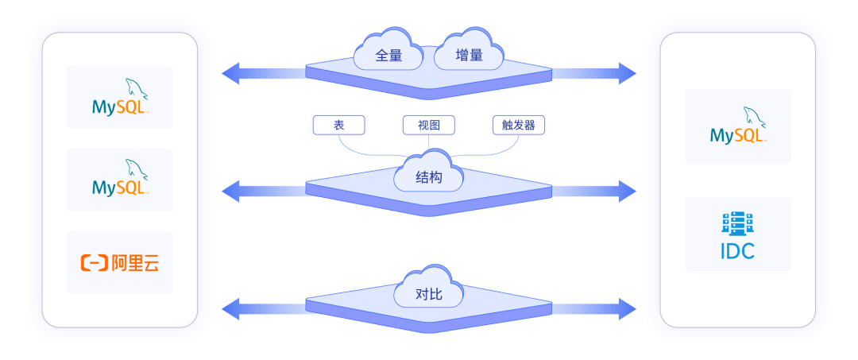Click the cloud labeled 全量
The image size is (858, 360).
(x=388, y=55)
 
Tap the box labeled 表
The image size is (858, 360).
(x=339, y=125)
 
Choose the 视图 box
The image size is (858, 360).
(x=429, y=125)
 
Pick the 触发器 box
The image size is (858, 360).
(x=519, y=125)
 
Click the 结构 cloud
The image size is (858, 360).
(x=429, y=179)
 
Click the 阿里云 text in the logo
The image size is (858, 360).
(x=135, y=263)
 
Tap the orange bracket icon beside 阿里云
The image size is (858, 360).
(x=95, y=263)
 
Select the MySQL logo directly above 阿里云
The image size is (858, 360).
(x=120, y=180)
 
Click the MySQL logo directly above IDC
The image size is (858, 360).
(x=738, y=126)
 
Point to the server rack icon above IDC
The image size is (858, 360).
(x=737, y=223)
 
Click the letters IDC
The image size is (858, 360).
(x=737, y=252)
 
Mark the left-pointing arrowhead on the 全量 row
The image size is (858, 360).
(x=230, y=74)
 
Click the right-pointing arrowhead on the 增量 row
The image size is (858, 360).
(x=628, y=74)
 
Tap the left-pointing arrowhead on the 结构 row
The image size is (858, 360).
(x=230, y=191)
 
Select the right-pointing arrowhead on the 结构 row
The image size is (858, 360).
(x=628, y=191)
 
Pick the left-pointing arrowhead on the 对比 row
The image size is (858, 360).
(x=230, y=308)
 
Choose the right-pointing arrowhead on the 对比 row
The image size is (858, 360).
(x=628, y=308)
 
